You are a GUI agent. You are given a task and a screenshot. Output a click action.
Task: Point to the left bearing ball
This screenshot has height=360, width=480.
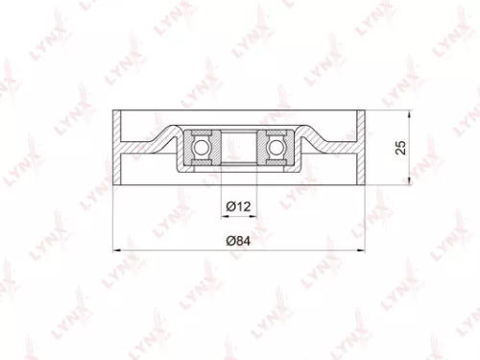(x=202, y=146)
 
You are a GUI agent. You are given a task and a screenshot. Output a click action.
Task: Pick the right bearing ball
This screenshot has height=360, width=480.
(x=277, y=146)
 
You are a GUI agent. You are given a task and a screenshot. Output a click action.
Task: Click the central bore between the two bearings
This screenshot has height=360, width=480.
(x=239, y=146)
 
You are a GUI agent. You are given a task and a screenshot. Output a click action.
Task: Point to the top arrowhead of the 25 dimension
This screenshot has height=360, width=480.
(x=410, y=115)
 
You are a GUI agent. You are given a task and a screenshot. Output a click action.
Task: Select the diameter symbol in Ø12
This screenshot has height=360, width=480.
(x=231, y=205)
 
